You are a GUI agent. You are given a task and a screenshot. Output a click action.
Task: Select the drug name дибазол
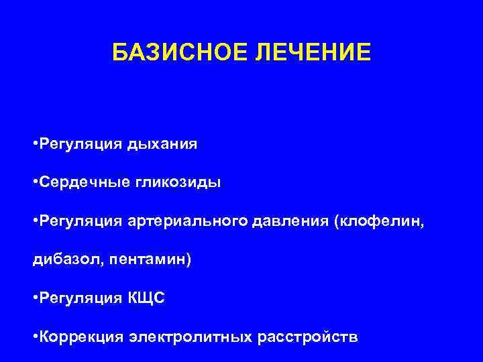point(57,259)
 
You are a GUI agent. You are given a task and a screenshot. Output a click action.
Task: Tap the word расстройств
point(307,337)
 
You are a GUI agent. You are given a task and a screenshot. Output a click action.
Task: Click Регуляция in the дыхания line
point(78,144)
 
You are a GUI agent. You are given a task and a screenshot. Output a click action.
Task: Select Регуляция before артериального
point(78,221)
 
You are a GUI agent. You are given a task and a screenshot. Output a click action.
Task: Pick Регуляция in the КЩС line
point(78,298)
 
